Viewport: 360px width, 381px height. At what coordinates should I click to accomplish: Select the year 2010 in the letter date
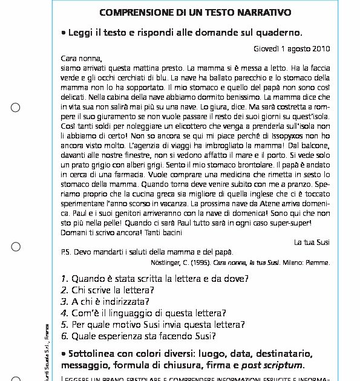tap(321, 48)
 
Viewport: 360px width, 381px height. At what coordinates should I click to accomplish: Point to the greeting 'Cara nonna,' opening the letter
tap(82, 59)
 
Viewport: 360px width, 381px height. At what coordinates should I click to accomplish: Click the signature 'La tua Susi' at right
tap(312, 242)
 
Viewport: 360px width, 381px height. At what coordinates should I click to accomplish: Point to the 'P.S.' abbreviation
tap(67, 252)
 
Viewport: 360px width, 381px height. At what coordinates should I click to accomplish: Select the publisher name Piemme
tap(318, 263)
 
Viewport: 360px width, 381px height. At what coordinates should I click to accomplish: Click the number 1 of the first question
tap(64, 279)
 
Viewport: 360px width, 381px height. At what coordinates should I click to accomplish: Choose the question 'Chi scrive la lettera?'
tap(111, 290)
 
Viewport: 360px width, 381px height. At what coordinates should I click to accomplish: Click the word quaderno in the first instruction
tap(273, 32)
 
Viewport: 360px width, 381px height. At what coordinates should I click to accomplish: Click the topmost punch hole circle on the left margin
tap(16, 108)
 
